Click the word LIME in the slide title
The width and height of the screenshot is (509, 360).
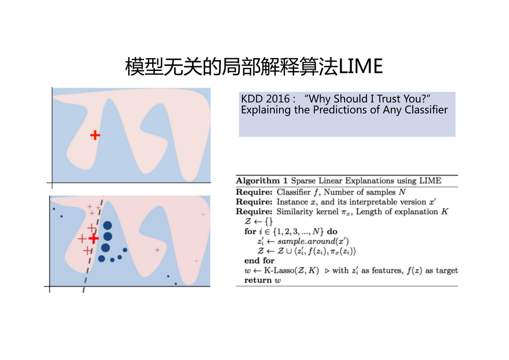[361, 66]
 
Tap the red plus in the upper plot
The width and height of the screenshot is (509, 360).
[95, 135]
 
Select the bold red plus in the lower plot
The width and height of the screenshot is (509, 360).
[94, 239]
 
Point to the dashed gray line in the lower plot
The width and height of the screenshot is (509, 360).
[93, 244]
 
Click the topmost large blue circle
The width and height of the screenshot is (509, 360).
[107, 225]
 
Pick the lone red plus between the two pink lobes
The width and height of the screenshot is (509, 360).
[157, 250]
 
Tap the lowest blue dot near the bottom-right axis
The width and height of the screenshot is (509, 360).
[176, 284]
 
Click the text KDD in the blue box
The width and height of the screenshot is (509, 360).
[252, 98]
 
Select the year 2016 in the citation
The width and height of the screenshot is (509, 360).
[277, 98]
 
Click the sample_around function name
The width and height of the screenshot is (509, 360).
[308, 241]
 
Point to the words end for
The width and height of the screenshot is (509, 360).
[260, 261]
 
